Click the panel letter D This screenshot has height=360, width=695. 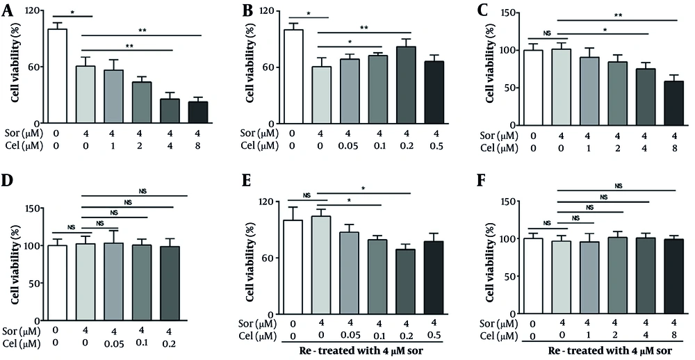click(x=8, y=198)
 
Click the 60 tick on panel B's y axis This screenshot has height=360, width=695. click(x=272, y=67)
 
